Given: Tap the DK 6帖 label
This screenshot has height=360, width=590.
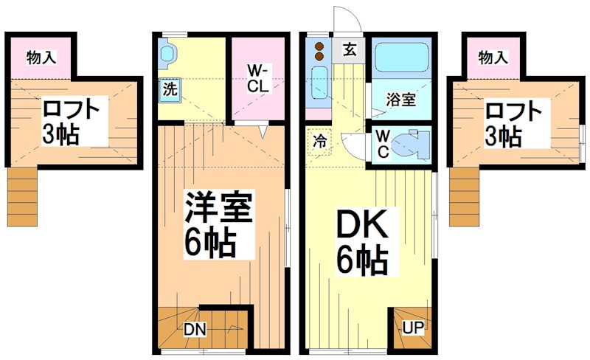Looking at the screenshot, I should (x=363, y=240).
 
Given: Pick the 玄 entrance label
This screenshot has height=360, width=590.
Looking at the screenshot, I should (x=349, y=51).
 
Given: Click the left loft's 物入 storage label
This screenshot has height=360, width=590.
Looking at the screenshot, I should (x=41, y=57).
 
